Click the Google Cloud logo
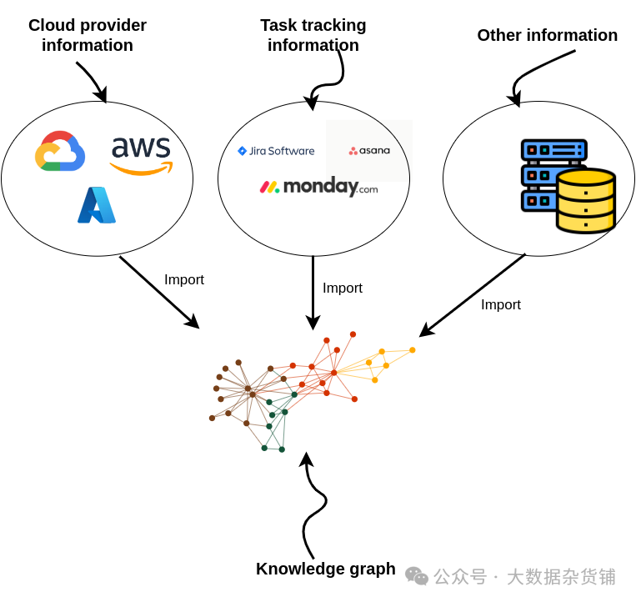pyautogui.click(x=60, y=151)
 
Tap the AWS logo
pyautogui.click(x=141, y=154)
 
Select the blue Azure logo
pyautogui.click(x=97, y=205)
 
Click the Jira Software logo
pyautogui.click(x=276, y=151)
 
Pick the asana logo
pyautogui.click(x=369, y=151)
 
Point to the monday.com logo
pyautogui.click(x=318, y=187)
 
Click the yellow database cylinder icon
pyautogui.click(x=586, y=200)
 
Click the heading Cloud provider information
pyautogui.click(x=88, y=35)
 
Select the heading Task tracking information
pyautogui.click(x=313, y=35)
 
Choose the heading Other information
pyautogui.click(x=547, y=35)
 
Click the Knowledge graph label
pyautogui.click(x=325, y=569)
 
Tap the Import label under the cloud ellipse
pyautogui.click(x=184, y=280)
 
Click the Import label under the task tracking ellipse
pyautogui.click(x=343, y=288)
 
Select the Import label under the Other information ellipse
pyautogui.click(x=501, y=305)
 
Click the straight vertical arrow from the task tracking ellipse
pyautogui.click(x=313, y=292)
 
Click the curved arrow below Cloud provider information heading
pyautogui.click(x=93, y=80)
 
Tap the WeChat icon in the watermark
pyautogui.click(x=417, y=575)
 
